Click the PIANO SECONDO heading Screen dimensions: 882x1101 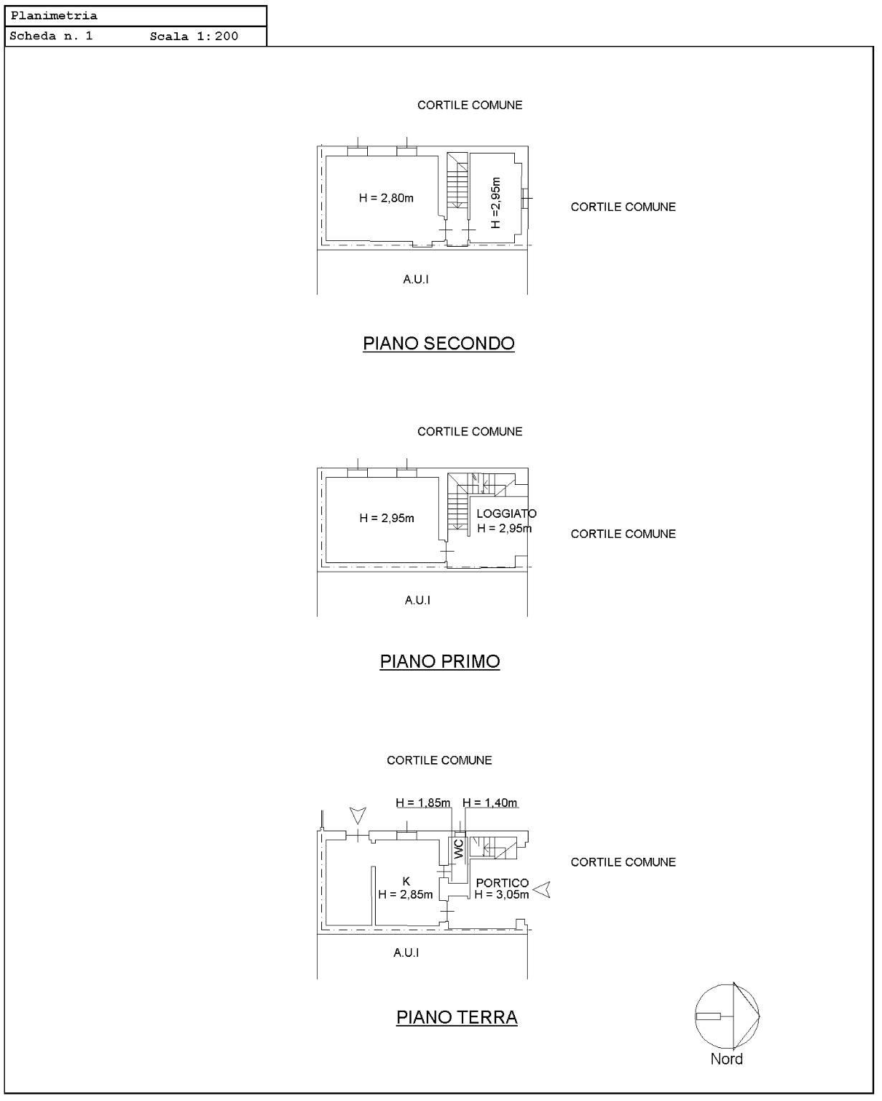coord(438,344)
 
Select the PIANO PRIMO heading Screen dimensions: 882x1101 coord(440,661)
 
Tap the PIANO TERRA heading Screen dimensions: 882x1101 coord(457,1017)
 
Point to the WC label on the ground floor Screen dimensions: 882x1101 coord(458,849)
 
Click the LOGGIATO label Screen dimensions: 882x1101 coord(506,513)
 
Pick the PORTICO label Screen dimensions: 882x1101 coord(502,882)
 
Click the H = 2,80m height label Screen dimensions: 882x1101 coord(387,198)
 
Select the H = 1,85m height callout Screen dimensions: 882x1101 coord(423,803)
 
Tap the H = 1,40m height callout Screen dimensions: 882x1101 coord(490,803)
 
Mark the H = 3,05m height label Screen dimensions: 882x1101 coord(501,894)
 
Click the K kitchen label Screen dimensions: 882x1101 coord(406,881)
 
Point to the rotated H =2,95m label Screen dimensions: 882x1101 coord(495,202)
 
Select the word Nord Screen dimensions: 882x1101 coord(726,1059)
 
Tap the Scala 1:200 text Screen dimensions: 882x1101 coord(194,37)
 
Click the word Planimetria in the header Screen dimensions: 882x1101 coord(54,16)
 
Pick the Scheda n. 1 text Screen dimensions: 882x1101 coord(51,36)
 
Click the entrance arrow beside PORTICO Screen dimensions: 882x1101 coord(541,889)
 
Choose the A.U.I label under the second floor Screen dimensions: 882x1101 coord(416,279)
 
